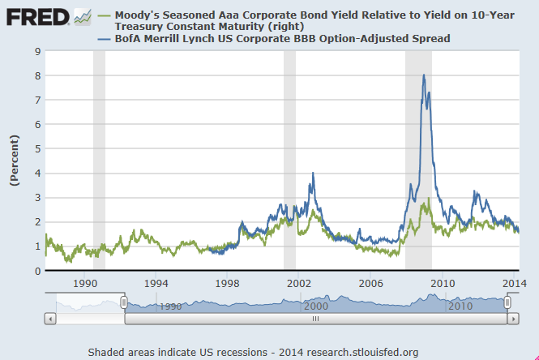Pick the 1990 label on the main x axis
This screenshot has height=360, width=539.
click(85, 284)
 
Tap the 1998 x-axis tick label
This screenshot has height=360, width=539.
click(228, 284)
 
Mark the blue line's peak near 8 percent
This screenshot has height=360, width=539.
click(423, 75)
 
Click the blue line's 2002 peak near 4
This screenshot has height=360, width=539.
click(313, 174)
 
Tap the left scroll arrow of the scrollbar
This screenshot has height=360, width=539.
click(49, 319)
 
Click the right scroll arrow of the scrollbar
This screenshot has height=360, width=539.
click(514, 319)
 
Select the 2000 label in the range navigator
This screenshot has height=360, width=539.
click(315, 306)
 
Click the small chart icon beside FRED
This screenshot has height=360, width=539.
click(83, 16)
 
